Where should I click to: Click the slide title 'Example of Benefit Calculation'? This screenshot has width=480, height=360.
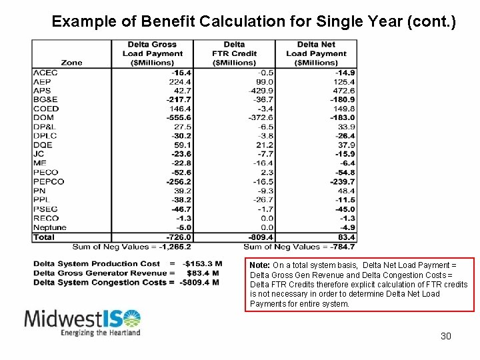pos(253,21)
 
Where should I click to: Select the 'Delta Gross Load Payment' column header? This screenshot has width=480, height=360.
pos(153,53)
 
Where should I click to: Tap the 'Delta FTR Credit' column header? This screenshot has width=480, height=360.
pos(234,53)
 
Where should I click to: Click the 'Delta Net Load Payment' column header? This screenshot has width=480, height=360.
pos(316,53)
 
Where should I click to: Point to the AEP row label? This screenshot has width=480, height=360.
pos(42,81)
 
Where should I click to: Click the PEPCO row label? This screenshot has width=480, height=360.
pos(49,181)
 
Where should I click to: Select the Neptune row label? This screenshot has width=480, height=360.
pos(50,227)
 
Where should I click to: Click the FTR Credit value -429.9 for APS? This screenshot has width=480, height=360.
pos(260,91)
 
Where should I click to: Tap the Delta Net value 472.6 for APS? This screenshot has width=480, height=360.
pos(343,91)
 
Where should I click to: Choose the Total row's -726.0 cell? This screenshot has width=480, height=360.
pos(179,237)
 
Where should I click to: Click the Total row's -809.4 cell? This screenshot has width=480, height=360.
pos(259,237)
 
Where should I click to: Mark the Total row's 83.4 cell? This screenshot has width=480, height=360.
pos(347,237)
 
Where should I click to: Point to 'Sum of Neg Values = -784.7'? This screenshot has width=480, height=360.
pos(300,246)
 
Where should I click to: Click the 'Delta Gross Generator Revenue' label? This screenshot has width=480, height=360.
pos(100,273)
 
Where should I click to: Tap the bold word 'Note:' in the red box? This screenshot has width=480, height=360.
pos(259,265)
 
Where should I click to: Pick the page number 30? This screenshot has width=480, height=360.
pos(446,336)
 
